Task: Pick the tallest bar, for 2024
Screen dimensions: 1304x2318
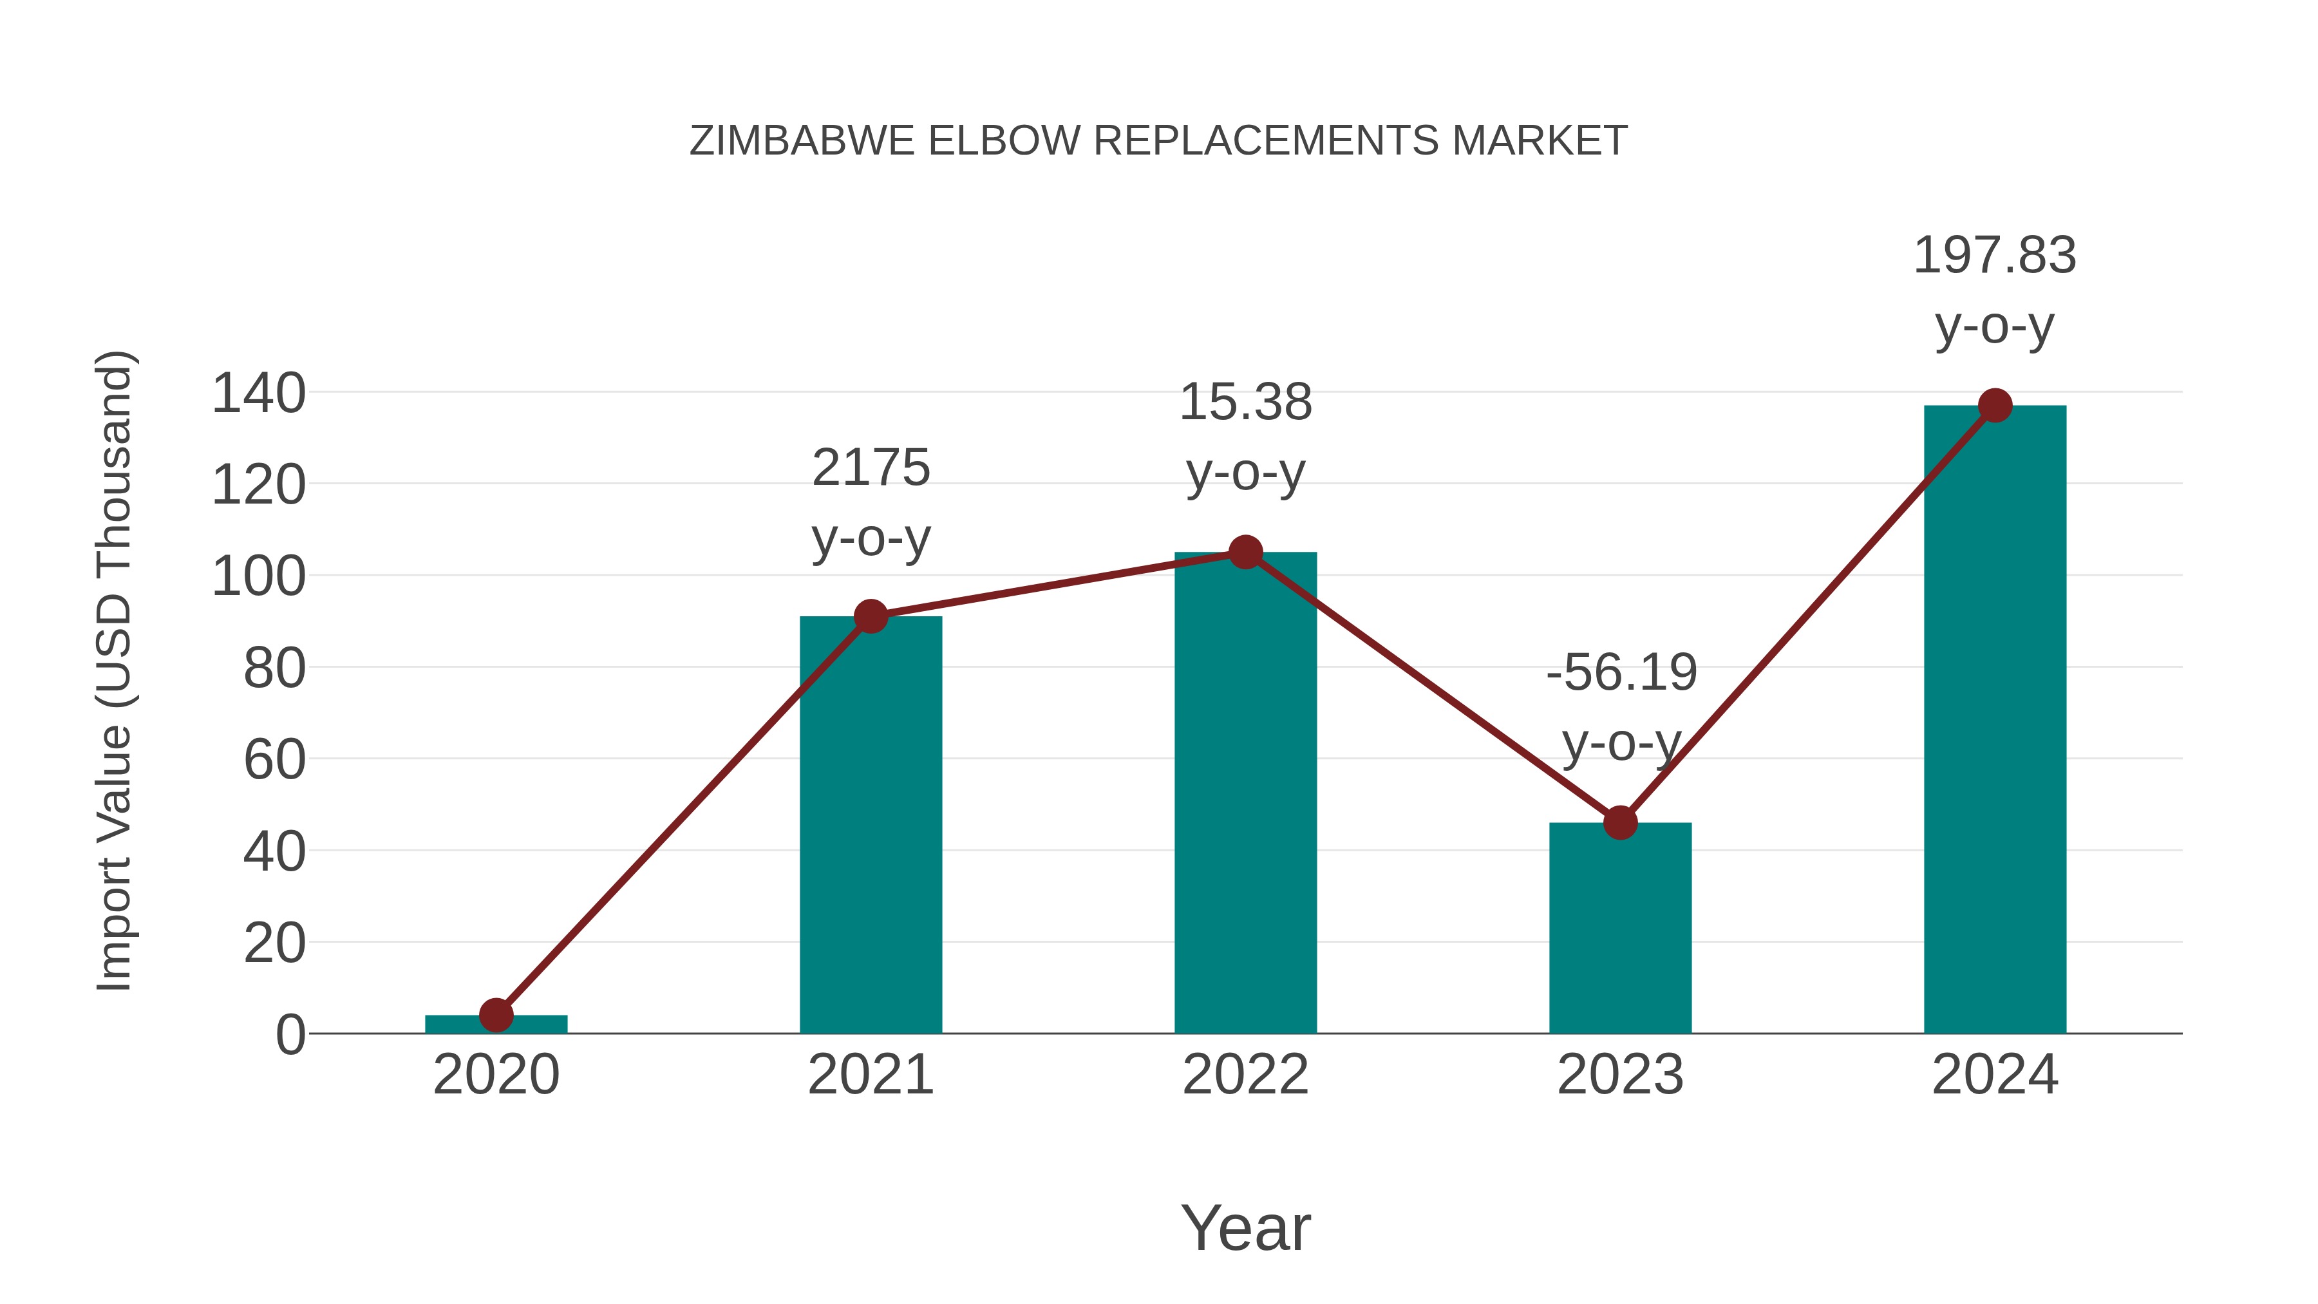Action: [1995, 720]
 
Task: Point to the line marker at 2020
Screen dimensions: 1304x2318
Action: [496, 1015]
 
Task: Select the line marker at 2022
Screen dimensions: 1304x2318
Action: [1245, 552]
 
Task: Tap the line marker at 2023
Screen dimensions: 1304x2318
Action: [1620, 822]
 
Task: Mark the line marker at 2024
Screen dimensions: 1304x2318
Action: [1995, 406]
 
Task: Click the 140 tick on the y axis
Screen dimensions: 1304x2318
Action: [258, 394]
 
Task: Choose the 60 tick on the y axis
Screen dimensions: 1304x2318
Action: [274, 761]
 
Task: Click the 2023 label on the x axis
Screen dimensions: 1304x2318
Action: [1620, 1075]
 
